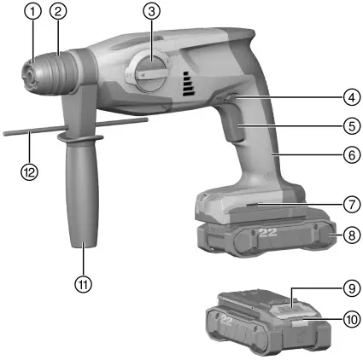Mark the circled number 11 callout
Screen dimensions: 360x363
tap(83, 282)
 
